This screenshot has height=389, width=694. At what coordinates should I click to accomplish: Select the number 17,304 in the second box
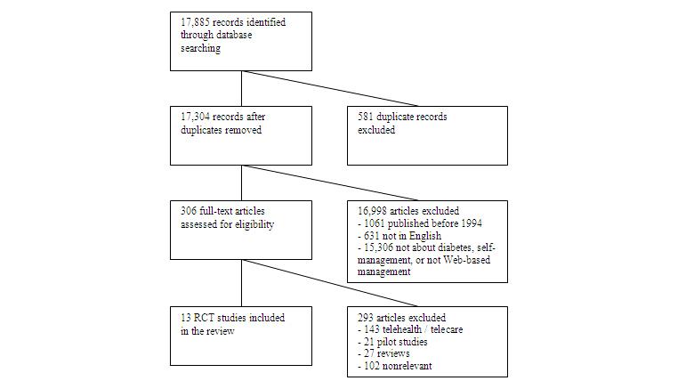(x=192, y=117)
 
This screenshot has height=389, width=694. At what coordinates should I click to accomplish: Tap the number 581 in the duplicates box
(x=363, y=117)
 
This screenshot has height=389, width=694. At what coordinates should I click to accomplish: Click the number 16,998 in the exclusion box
(x=369, y=211)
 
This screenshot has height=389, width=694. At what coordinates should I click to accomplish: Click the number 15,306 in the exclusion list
(x=377, y=248)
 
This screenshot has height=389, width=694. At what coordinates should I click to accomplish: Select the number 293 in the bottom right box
(x=363, y=318)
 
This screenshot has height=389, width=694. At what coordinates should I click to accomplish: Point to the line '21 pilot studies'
(x=392, y=343)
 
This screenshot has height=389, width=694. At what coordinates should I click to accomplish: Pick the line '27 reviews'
(x=383, y=355)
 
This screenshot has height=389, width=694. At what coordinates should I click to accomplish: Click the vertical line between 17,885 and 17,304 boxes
(x=241, y=88)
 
